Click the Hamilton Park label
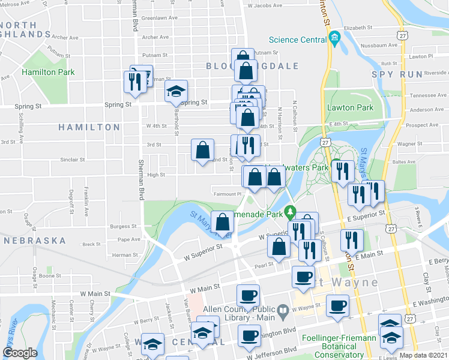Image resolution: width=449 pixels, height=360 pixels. (48, 72)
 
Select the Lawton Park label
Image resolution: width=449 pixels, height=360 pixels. (350, 108)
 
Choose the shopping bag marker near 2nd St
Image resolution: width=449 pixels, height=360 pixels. (203, 150)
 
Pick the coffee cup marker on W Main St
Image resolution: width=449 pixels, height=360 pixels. (248, 295)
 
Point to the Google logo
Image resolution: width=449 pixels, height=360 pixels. (20, 353)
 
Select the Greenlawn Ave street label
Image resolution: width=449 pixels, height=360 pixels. (160, 18)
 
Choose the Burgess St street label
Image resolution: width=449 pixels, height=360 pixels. (124, 227)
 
